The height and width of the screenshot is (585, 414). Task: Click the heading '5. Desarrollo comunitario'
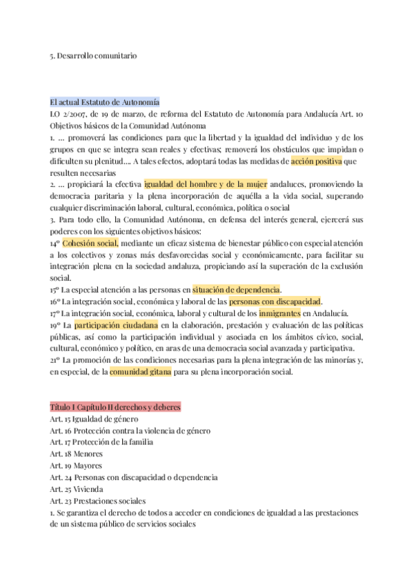click(93, 56)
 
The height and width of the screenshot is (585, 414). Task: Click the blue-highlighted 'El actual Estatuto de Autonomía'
click(104, 101)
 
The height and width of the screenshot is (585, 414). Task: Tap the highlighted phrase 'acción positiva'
click(316, 161)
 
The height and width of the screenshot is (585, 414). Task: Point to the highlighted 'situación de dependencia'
click(246, 289)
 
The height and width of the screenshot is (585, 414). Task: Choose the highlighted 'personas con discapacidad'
click(275, 301)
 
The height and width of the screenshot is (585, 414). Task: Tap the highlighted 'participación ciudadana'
click(116, 324)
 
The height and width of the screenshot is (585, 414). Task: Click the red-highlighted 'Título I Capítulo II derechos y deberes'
click(115, 407)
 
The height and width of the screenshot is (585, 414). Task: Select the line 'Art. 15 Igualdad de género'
click(94, 419)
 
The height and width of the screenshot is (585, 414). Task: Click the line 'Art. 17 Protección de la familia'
click(101, 442)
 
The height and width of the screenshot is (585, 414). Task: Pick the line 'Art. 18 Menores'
click(76, 454)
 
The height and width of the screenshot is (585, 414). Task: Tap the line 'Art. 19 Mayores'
click(76, 466)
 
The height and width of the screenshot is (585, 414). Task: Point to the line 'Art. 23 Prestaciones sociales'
click(98, 501)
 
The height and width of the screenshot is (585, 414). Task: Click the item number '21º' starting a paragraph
click(55, 360)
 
